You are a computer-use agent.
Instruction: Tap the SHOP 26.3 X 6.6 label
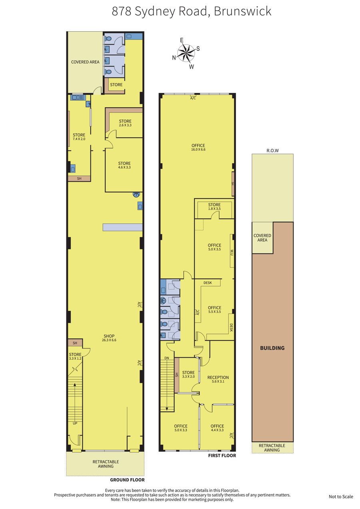(x=109, y=338)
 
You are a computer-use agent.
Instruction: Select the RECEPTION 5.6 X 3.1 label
(x=218, y=379)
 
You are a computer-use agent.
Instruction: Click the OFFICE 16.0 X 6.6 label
(x=198, y=147)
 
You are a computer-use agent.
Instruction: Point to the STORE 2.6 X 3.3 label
(x=125, y=123)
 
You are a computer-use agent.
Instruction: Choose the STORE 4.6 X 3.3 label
(x=124, y=165)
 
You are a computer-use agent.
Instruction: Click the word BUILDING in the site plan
(x=272, y=348)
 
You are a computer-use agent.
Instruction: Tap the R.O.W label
(x=272, y=150)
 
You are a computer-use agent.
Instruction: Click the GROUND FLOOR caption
(x=128, y=485)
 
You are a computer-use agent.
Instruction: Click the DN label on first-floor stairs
(x=167, y=358)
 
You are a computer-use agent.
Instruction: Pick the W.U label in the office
(x=232, y=252)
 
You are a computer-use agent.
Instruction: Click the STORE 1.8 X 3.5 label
(x=214, y=206)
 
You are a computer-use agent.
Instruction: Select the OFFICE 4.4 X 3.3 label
(x=217, y=428)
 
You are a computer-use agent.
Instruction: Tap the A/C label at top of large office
(x=193, y=98)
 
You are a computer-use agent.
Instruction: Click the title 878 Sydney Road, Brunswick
(x=192, y=12)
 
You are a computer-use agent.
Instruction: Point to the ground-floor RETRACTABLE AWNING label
(x=106, y=464)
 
